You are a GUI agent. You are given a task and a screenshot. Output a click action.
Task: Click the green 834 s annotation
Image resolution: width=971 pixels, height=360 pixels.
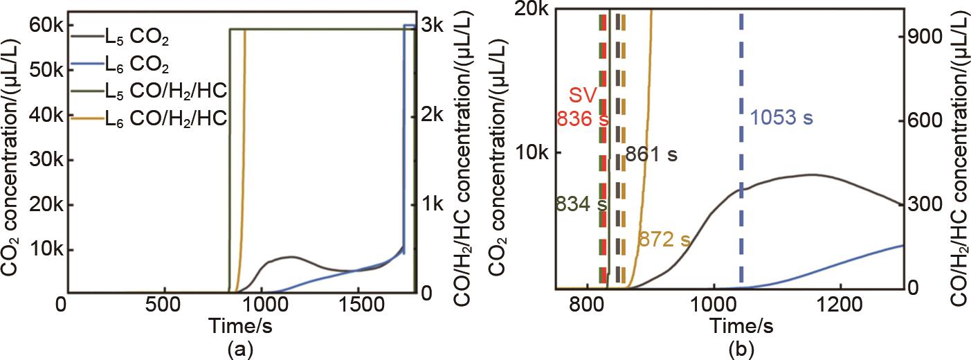[x=581, y=204]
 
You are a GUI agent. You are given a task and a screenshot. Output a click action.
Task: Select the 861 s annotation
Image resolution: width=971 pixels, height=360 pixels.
[x=651, y=155]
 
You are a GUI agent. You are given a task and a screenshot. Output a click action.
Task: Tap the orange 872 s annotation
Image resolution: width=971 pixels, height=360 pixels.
[x=664, y=240]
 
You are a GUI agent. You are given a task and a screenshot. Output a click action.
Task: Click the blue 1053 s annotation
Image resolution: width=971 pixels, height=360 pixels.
[x=781, y=118]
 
